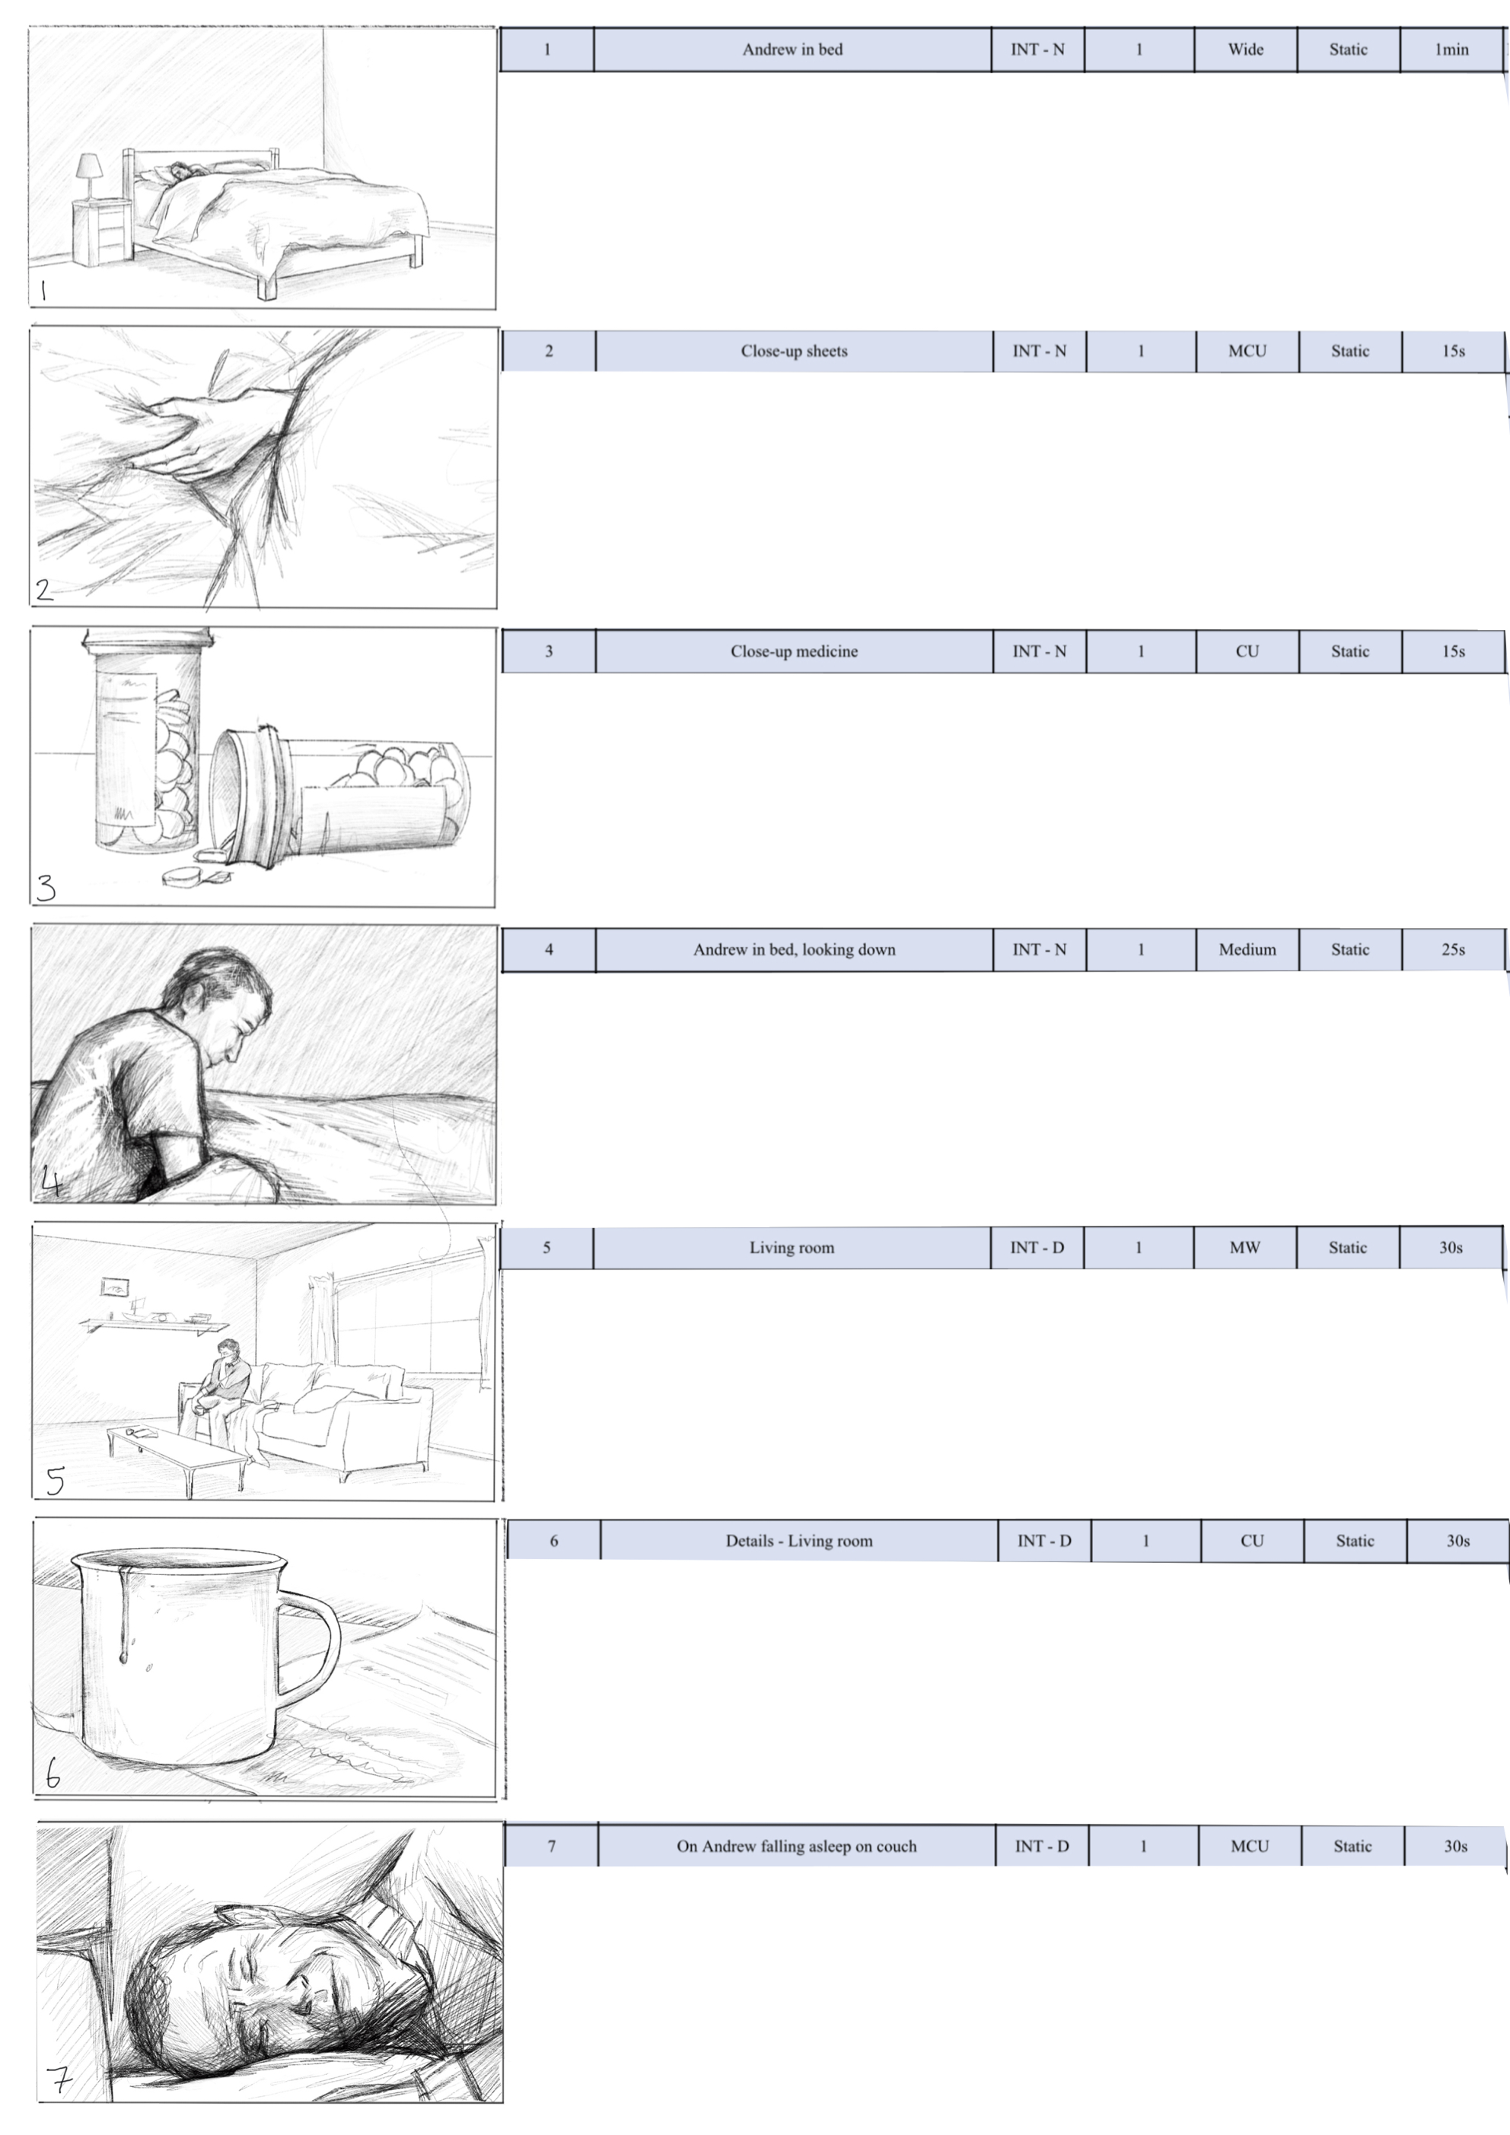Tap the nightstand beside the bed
tap(101, 231)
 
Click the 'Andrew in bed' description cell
tap(792, 50)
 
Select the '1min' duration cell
tap(1451, 50)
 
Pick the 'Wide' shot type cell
tap(1245, 50)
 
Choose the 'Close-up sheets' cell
tap(794, 352)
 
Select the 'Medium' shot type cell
tap(1247, 950)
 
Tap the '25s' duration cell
tap(1452, 950)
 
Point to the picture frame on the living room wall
tap(114, 1288)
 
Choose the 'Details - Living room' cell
tap(798, 1541)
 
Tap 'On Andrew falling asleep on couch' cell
tap(795, 1846)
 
